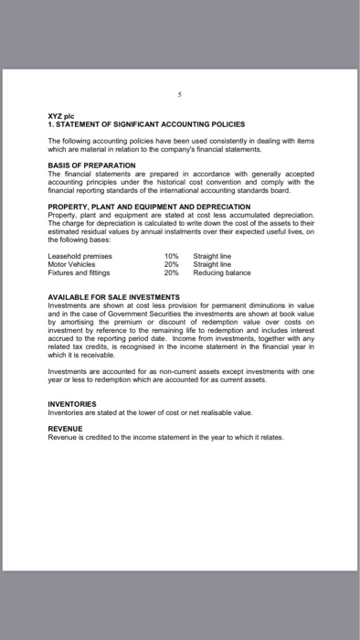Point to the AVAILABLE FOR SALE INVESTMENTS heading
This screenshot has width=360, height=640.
point(114,298)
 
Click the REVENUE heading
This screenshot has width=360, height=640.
point(65,428)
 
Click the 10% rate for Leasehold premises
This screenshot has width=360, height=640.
point(172,257)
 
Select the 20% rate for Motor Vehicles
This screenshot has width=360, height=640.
point(172,264)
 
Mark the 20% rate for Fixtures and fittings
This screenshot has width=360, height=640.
point(172,272)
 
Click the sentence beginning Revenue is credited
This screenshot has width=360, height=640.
point(164,437)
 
